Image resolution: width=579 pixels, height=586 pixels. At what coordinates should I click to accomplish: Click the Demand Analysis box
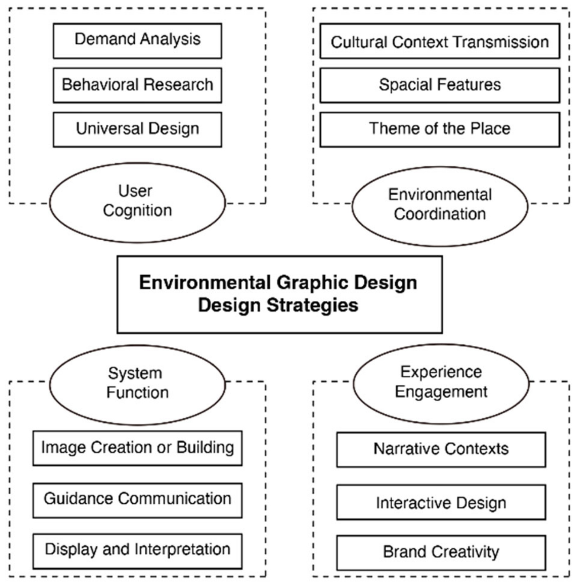coord(137,41)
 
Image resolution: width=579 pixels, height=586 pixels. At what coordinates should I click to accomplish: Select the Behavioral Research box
coord(137,85)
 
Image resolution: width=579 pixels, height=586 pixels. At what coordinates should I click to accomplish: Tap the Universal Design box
coord(137,129)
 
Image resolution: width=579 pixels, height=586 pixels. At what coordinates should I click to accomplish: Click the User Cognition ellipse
coord(137,203)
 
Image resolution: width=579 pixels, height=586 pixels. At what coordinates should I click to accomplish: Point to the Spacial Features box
coord(440,85)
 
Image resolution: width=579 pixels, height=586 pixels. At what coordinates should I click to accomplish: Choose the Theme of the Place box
coord(440,129)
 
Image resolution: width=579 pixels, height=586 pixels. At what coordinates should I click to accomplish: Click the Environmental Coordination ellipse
coord(440,206)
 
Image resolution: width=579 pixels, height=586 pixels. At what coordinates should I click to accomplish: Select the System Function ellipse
coord(137,385)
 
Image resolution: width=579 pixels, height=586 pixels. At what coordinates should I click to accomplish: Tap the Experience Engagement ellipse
coord(441,383)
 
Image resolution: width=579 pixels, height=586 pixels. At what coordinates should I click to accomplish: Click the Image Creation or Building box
coord(137,448)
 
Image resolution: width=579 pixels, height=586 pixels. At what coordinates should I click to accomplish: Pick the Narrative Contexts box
coord(441,449)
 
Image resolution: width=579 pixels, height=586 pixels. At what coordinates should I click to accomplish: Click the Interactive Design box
coord(441,502)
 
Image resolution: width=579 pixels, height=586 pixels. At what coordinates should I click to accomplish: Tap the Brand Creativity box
coord(441,552)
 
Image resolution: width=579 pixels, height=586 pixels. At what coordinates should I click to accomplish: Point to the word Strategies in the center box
coord(313,305)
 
